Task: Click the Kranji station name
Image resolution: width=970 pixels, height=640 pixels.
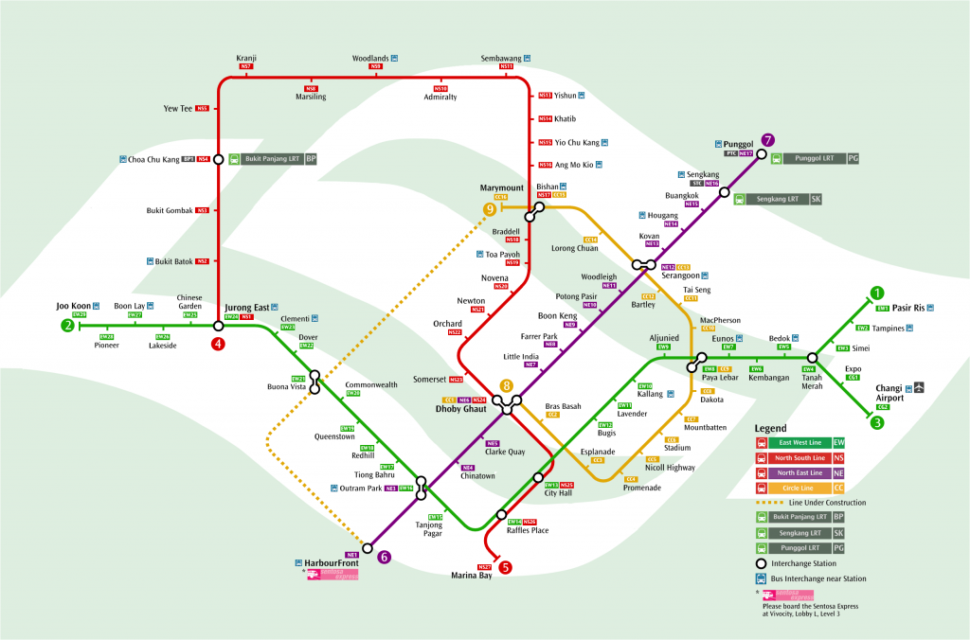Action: point(247,58)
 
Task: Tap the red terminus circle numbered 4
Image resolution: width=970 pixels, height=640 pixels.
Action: point(219,344)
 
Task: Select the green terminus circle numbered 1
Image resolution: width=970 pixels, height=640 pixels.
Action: point(878,293)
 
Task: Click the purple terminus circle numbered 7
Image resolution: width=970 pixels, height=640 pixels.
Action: point(768,140)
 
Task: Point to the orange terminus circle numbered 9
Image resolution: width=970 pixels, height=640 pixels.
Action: point(490,209)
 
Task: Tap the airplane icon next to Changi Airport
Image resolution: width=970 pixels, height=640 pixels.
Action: point(918,387)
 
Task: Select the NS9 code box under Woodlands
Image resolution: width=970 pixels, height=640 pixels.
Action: point(376,67)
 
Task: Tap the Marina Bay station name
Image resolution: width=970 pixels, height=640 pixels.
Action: point(471,576)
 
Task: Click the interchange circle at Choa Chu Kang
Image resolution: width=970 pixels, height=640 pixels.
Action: point(219,159)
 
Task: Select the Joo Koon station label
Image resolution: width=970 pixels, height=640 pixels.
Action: point(73,306)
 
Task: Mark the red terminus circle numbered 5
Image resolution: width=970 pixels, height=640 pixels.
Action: point(506,568)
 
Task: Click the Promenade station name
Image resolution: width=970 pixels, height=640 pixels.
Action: point(643,488)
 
